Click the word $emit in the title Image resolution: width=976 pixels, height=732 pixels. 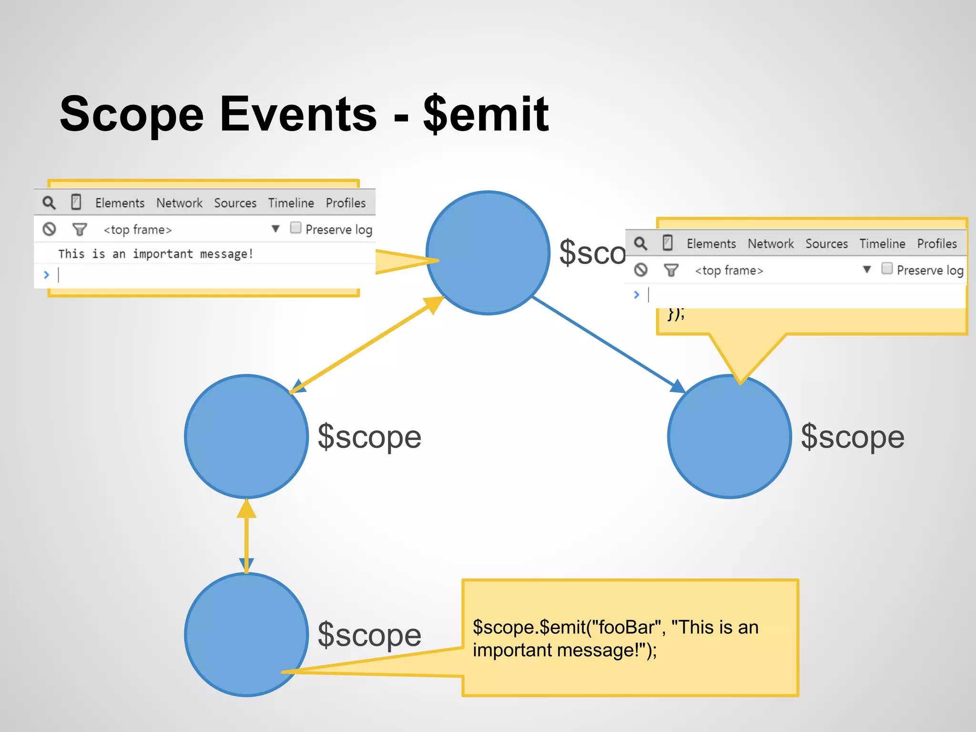(x=486, y=114)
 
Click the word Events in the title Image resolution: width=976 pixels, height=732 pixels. (x=298, y=114)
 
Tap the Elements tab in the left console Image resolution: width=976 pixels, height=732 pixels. (x=120, y=203)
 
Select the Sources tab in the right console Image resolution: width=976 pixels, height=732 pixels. (x=826, y=244)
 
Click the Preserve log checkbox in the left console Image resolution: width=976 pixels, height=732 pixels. (x=296, y=228)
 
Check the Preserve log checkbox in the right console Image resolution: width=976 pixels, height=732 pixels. (x=887, y=268)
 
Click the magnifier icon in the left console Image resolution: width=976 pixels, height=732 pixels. (x=49, y=203)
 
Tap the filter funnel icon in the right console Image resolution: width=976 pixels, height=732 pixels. (x=671, y=270)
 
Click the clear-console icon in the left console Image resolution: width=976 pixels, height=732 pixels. (x=50, y=229)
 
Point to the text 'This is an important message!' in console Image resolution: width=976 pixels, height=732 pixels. (x=155, y=254)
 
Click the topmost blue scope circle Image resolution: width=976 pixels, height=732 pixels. (x=488, y=253)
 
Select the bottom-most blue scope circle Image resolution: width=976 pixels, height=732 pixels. (x=246, y=634)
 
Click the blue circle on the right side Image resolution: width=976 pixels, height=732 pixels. (x=730, y=437)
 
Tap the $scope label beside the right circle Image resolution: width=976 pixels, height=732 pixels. (x=853, y=437)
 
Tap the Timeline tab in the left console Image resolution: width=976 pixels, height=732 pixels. (x=291, y=203)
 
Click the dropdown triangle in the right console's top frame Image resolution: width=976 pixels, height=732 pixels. (x=867, y=270)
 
